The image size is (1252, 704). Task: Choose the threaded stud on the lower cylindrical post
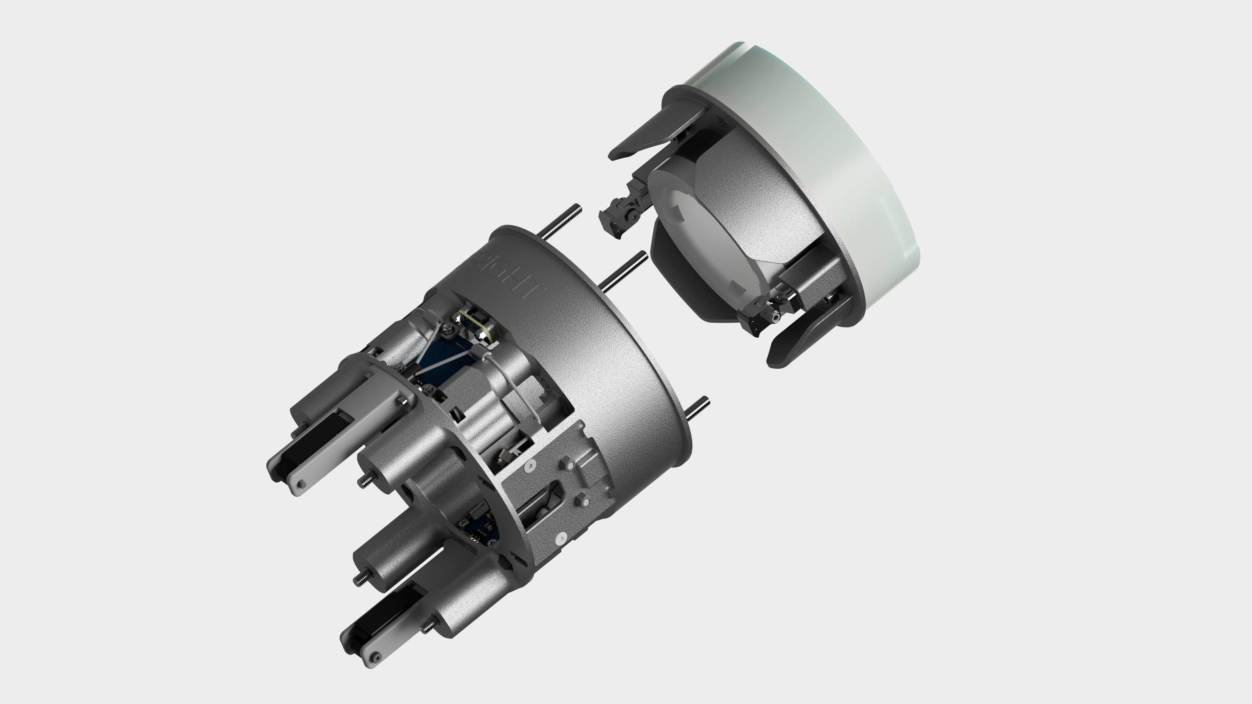coord(361,578)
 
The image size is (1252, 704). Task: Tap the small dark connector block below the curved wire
coord(508,454)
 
